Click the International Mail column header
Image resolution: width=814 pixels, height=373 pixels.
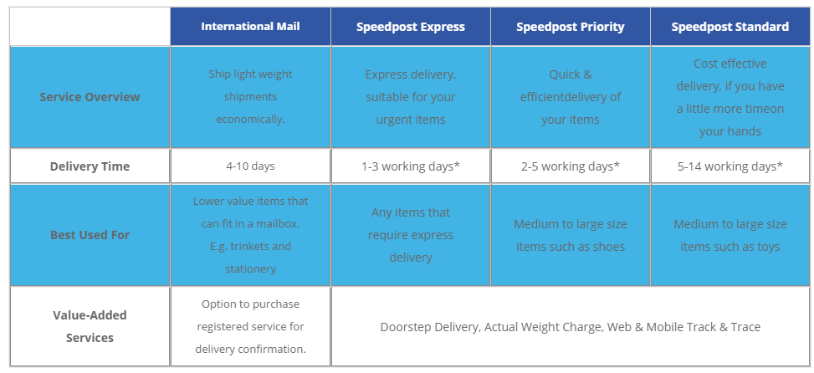pos(250,27)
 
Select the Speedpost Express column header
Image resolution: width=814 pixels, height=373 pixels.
pos(411,27)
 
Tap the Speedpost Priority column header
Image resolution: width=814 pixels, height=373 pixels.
pos(570,27)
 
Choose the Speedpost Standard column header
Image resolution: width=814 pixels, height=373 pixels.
pos(730,27)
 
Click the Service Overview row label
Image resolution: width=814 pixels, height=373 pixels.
pos(90,97)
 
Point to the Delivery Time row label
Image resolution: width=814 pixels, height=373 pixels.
pos(90,166)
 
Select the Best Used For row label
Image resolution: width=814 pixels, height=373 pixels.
pos(90,235)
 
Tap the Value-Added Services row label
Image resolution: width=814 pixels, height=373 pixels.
pos(90,326)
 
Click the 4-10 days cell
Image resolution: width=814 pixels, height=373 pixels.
pos(250,166)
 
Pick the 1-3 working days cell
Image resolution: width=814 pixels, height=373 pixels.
pos(411,166)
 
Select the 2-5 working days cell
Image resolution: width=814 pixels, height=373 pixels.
pos(570,166)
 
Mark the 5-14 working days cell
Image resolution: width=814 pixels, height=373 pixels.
pos(730,166)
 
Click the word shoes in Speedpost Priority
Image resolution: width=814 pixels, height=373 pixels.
pos(610,247)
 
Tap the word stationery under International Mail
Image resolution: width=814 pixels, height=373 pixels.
pos(250,269)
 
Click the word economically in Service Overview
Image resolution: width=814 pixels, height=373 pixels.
pos(250,120)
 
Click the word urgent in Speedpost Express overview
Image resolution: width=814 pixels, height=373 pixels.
pos(392,120)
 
